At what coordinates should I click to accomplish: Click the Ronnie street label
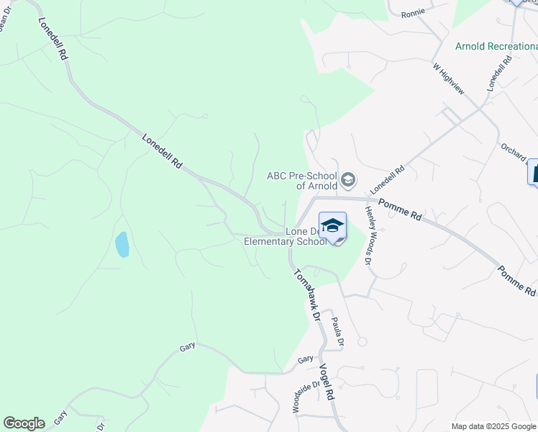[414, 13]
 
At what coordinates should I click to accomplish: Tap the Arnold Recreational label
[496, 46]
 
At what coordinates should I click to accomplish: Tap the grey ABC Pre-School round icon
[348, 179]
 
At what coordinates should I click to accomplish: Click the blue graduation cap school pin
[332, 225]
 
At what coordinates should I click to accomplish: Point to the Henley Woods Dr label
[368, 235]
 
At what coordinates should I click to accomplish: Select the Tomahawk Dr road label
[306, 294]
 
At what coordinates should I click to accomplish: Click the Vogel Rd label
[327, 381]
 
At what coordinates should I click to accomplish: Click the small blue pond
[122, 245]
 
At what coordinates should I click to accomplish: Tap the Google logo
[24, 423]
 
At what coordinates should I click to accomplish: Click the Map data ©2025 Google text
[493, 426]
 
